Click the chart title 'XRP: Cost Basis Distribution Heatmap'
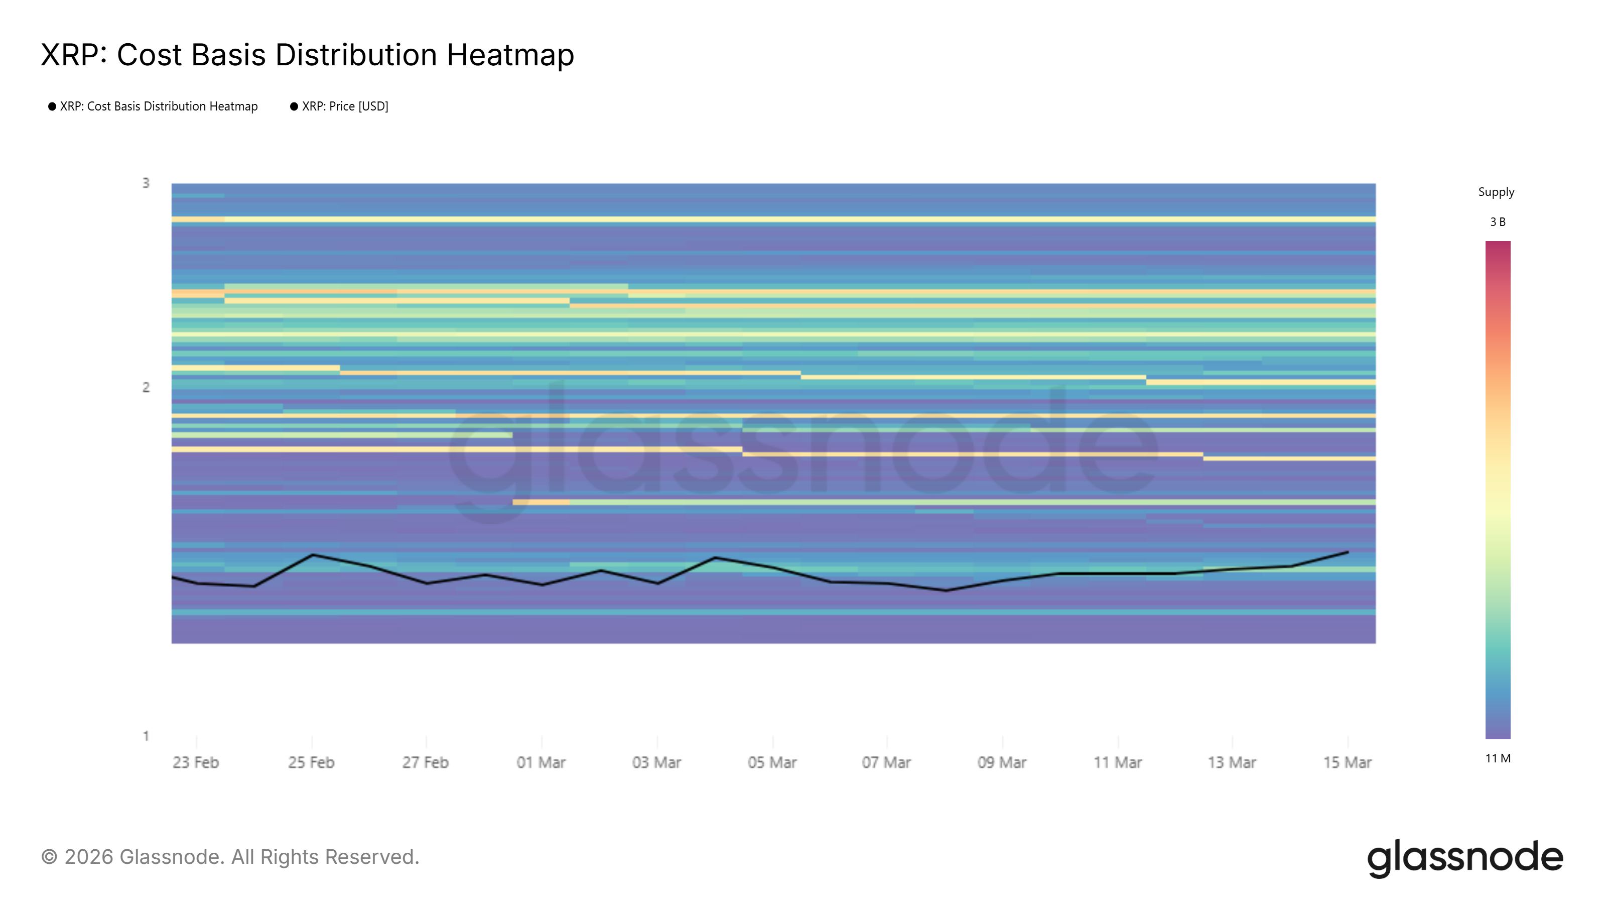pos(307,55)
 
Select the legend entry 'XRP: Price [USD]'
pos(345,106)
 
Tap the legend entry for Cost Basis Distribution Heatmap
pos(159,106)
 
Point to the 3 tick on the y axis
pos(146,183)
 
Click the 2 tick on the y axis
pos(146,387)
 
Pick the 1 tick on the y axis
pos(146,736)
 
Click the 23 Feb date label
pos(196,762)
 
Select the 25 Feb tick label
pos(311,762)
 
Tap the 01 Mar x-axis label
pos(541,762)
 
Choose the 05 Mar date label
pos(772,762)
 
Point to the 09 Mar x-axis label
pos(1002,762)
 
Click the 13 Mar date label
pos(1232,762)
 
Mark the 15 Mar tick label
pos(1347,762)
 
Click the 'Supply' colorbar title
pos(1496,192)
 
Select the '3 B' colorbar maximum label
pos(1498,222)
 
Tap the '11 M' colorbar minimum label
pos(1498,759)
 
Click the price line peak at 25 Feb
pos(312,554)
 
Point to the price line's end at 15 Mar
pos(1348,552)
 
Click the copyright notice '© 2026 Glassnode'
pos(230,857)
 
